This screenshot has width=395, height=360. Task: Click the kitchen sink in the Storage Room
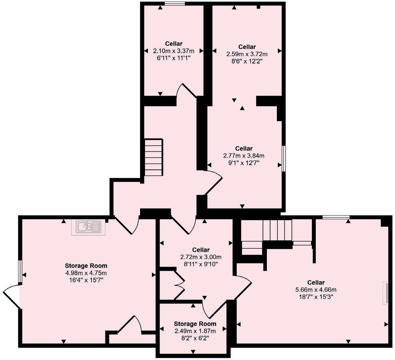point(88,228)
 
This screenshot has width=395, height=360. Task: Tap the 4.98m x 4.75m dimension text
point(86,273)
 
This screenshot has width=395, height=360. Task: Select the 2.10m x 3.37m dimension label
point(174,51)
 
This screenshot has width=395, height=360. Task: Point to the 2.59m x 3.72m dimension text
point(247,54)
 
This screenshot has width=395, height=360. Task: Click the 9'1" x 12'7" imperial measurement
point(244,163)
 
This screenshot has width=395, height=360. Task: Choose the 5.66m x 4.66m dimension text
point(316,290)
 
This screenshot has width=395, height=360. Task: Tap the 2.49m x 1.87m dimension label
point(195,331)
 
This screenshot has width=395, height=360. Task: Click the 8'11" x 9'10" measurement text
point(201,264)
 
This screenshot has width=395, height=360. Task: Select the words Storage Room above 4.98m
point(86,266)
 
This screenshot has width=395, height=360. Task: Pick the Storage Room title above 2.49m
point(195,324)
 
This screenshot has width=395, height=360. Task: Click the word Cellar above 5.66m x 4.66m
point(316,282)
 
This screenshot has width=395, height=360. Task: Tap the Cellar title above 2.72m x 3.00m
point(201,250)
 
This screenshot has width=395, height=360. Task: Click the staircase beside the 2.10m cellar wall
point(154,157)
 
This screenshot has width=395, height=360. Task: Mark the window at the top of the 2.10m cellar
point(175,3)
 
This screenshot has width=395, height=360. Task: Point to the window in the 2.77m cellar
point(284,159)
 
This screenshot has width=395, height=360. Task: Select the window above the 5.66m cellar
point(336,217)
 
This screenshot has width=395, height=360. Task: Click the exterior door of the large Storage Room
point(11,297)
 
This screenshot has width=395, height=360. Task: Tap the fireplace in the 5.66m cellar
point(386,293)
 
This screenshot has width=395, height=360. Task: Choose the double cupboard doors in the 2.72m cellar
point(179,286)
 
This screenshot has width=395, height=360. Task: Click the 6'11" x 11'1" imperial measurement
point(174,58)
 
